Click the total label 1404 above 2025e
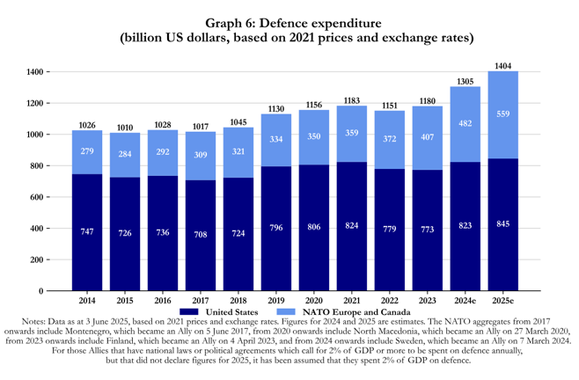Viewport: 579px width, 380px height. pos(502,65)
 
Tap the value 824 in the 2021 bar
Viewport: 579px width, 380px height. pos(351,226)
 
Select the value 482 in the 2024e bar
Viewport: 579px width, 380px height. pos(465,124)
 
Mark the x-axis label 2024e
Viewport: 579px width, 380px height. pos(465,300)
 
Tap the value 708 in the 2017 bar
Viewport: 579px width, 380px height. pos(201,235)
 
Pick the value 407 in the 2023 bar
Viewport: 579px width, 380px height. pos(428,136)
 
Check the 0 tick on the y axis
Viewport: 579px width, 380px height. pos(40,290)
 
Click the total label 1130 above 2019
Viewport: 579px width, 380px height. pos(276,109)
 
